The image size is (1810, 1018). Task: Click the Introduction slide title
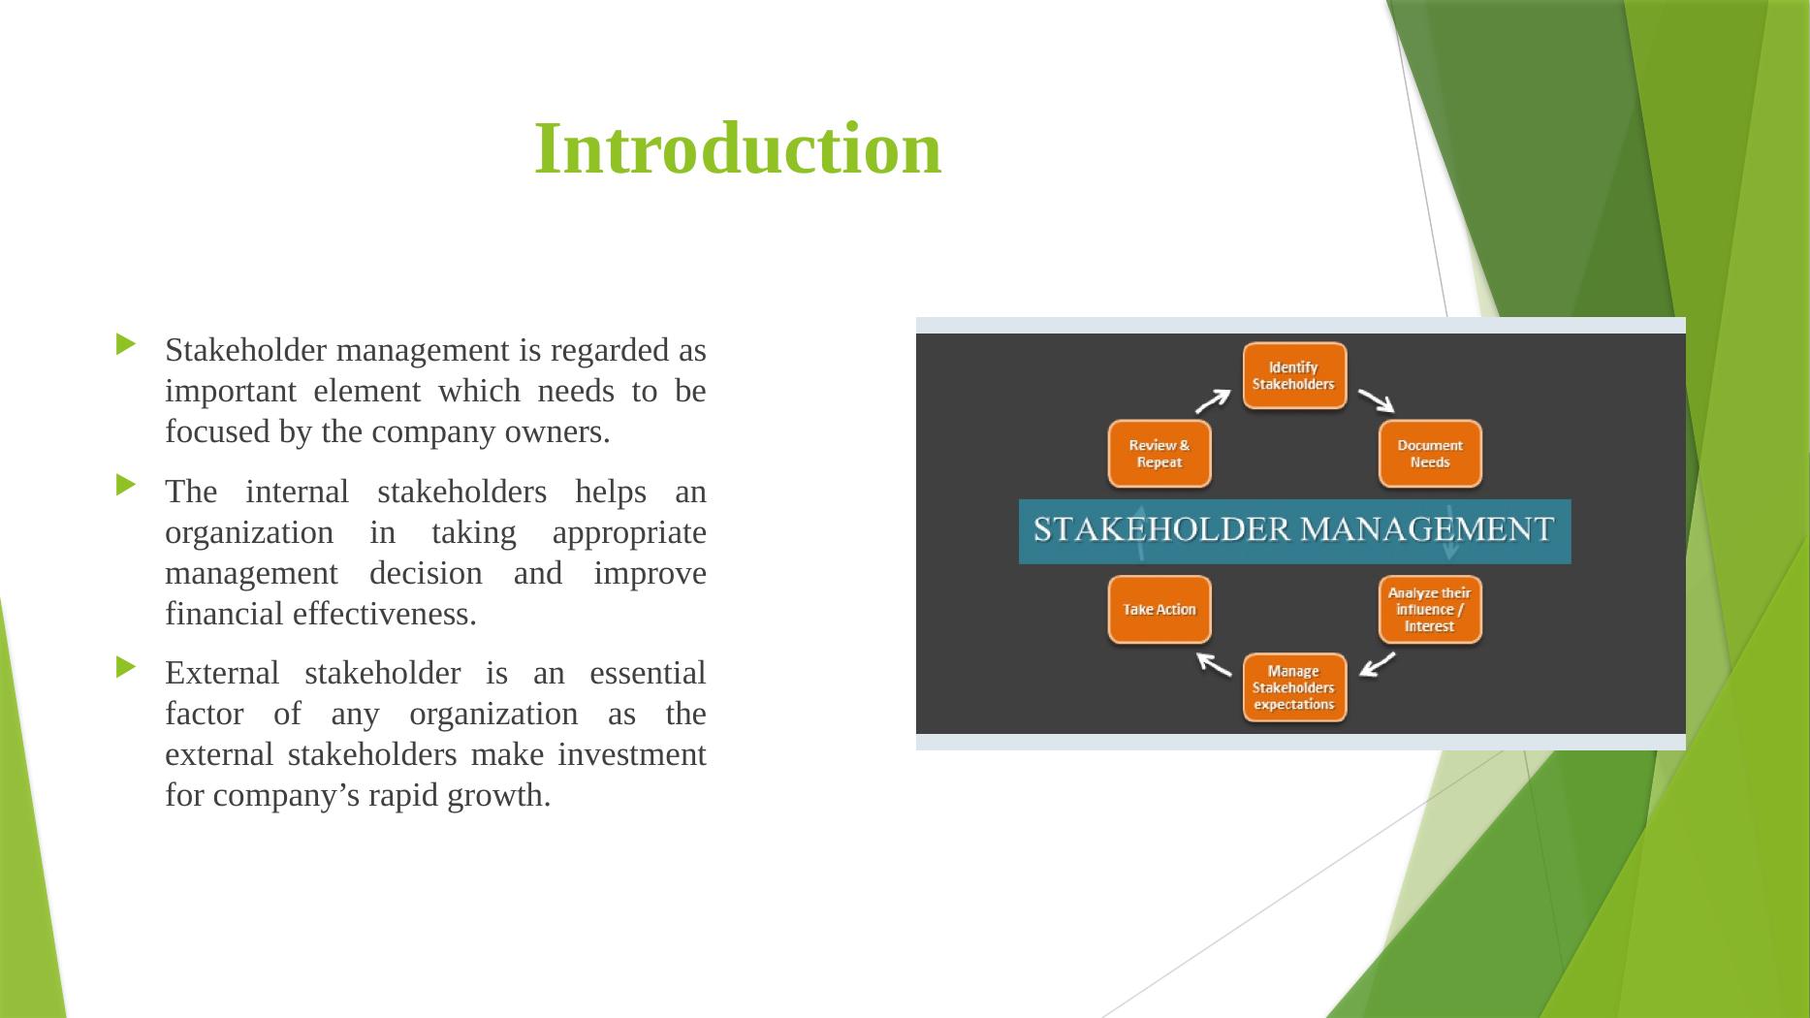[x=738, y=148]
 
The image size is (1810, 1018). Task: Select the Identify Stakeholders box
[x=1294, y=375]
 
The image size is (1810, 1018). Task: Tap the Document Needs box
[x=1430, y=454]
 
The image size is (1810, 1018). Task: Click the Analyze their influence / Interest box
[x=1430, y=609]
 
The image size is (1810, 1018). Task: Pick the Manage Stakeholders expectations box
[x=1294, y=687]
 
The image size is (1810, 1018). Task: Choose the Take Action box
[x=1159, y=609]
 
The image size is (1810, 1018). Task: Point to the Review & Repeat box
[x=1159, y=454]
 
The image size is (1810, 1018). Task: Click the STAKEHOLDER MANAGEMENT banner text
[x=1294, y=529]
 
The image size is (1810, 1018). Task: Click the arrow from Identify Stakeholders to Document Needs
[x=1377, y=400]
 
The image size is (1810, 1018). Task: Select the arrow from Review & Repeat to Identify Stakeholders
[x=1213, y=400]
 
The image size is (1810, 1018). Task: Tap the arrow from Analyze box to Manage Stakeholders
[x=1377, y=664]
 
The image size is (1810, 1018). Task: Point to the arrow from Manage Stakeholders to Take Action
[x=1214, y=664]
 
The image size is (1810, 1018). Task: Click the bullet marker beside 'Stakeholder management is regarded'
[x=127, y=344]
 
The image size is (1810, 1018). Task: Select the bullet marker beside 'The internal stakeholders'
[x=127, y=485]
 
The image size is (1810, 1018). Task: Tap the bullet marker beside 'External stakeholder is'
[x=127, y=667]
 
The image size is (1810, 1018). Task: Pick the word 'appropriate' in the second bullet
[x=629, y=532]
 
